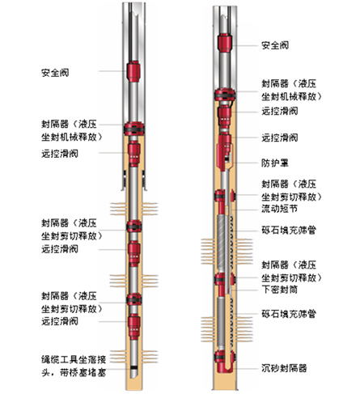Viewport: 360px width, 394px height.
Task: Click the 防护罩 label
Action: pos(275,163)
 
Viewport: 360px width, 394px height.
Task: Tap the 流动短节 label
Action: pos(280,209)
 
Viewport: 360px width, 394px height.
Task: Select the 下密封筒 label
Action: pos(280,290)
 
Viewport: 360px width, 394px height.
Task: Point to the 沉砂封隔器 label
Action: pos(284,368)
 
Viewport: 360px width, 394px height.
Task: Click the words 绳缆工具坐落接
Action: pos(74,359)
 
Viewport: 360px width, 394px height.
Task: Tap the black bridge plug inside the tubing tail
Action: pos(133,367)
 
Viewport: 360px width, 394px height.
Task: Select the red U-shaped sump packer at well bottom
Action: pos(225,362)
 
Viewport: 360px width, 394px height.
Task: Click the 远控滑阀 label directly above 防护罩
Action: pos(280,138)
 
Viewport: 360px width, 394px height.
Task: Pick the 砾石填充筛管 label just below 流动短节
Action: pos(289,230)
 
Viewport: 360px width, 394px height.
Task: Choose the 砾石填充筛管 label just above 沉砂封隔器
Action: pos(289,314)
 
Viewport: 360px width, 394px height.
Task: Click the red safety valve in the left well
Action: pos(133,71)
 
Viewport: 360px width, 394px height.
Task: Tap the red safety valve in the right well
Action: pos(225,43)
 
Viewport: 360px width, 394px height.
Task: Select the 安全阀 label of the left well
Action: pos(55,73)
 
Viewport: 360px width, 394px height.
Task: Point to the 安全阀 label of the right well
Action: pos(275,45)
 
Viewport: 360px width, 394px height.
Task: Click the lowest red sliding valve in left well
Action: pos(134,327)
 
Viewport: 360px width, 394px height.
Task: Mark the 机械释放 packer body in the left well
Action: pos(134,129)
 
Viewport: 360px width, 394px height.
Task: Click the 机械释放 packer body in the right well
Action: pos(225,95)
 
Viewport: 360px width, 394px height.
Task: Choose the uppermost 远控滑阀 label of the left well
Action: pos(60,154)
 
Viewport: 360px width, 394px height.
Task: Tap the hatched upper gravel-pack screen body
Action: pos(221,243)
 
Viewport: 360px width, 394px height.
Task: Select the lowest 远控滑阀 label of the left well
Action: pos(60,321)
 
